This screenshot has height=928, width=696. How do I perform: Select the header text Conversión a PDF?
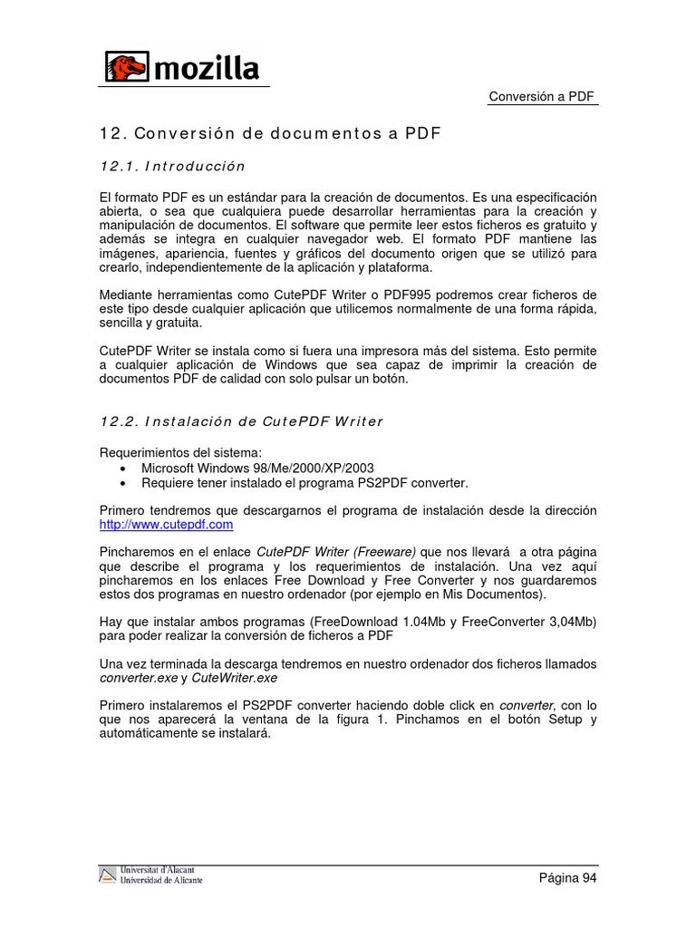pos(541,97)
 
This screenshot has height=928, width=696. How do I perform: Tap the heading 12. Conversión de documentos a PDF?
pos(270,134)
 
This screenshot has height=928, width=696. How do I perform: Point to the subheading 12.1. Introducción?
pos(172,167)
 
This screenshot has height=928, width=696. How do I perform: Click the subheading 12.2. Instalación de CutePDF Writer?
pos(241,421)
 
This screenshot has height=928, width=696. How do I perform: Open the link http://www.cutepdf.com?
pos(166,525)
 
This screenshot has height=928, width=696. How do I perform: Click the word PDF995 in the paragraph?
pos(408,295)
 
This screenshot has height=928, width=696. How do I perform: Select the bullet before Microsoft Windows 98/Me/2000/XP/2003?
pos(122,469)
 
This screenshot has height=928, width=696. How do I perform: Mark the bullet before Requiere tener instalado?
pos(122,483)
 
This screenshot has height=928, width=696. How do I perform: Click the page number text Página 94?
pos(568,877)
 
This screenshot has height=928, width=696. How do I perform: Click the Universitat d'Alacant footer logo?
pos(150,875)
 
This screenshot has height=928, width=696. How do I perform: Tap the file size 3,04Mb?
pos(565,622)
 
